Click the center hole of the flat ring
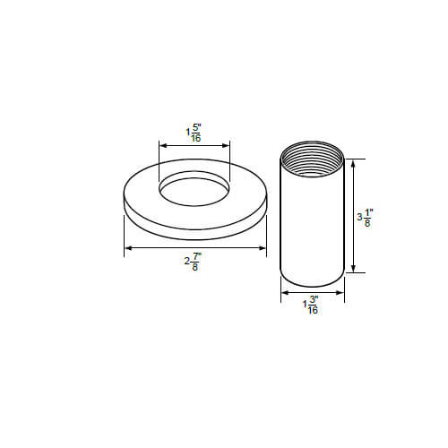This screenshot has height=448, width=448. (x=194, y=188)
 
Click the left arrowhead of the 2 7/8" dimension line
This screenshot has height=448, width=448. (x=127, y=247)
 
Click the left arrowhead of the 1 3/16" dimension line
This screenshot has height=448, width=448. (x=285, y=292)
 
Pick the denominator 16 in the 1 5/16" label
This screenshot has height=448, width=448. (x=196, y=137)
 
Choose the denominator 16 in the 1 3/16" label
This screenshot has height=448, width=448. (x=313, y=312)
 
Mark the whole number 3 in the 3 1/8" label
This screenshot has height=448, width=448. (x=359, y=218)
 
